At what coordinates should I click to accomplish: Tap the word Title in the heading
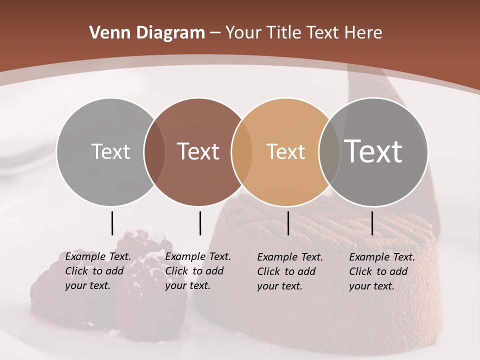(283, 33)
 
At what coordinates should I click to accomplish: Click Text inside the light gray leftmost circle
(110, 151)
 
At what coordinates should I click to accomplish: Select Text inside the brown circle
(198, 151)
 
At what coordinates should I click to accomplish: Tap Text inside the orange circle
(285, 151)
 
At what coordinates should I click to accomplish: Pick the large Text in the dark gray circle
(373, 151)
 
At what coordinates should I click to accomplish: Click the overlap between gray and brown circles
(154, 151)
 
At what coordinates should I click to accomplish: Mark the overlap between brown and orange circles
(242, 151)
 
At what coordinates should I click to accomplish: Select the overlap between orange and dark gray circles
(329, 151)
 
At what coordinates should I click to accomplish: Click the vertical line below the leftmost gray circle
(112, 223)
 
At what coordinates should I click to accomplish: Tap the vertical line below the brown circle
(200, 223)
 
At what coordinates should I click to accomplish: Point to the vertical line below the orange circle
(288, 223)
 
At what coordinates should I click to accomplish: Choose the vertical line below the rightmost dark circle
(372, 223)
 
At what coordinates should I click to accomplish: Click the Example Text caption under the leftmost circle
(97, 271)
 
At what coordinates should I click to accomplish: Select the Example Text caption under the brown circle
(197, 271)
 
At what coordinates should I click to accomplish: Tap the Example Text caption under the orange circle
(289, 271)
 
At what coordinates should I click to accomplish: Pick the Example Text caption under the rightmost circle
(381, 271)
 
